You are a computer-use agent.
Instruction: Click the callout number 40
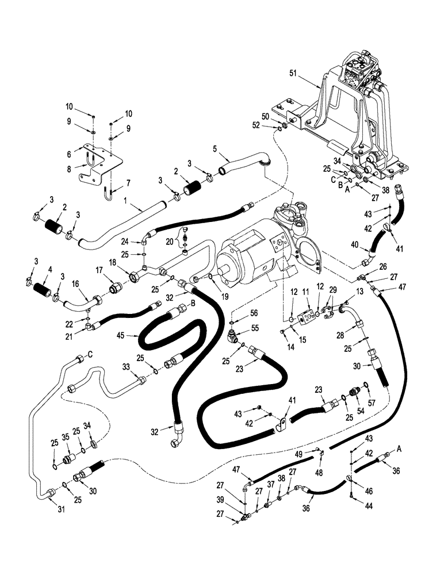[354, 244]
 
